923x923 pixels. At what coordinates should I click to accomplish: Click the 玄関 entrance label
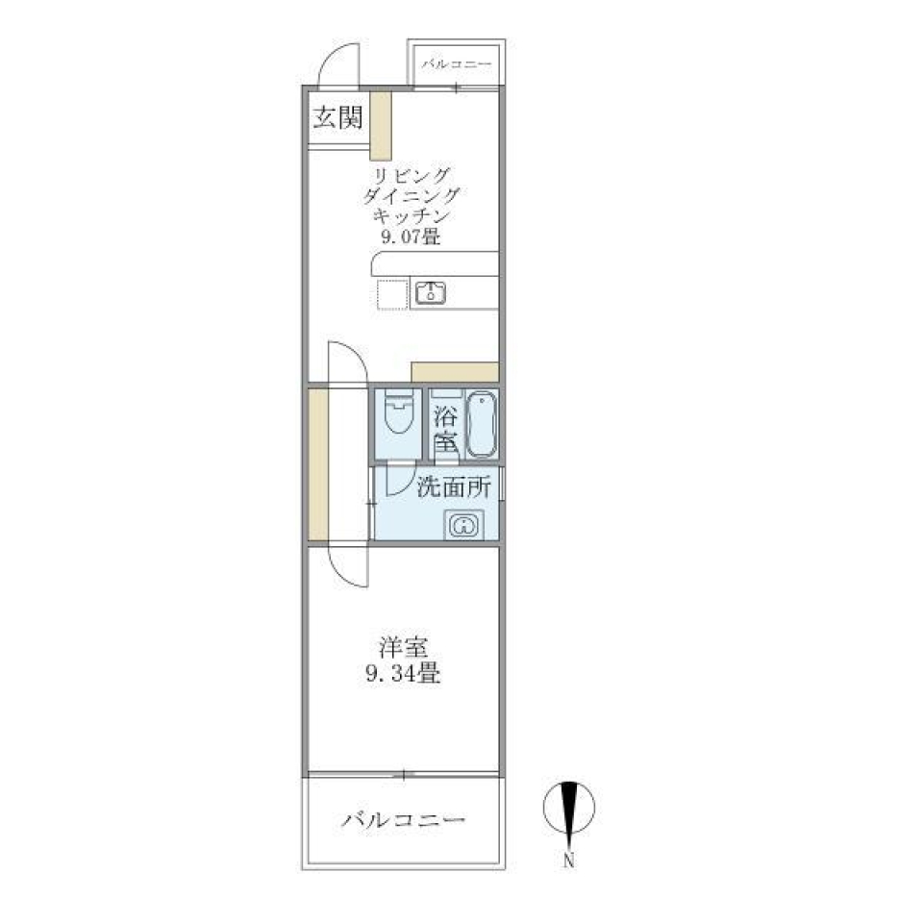(x=337, y=117)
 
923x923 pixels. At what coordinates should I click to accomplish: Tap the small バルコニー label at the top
(x=456, y=63)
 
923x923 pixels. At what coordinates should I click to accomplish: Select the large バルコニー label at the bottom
(x=404, y=819)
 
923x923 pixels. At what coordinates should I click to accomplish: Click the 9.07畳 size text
(x=411, y=237)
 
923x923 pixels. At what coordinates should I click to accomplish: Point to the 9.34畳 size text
(x=403, y=673)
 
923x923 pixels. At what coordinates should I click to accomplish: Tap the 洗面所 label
(x=453, y=486)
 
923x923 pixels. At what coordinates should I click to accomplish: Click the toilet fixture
(x=398, y=412)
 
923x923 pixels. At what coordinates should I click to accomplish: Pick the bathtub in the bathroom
(x=482, y=424)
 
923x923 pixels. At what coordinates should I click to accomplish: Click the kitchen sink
(x=431, y=292)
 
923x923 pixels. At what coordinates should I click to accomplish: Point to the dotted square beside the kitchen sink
(x=392, y=294)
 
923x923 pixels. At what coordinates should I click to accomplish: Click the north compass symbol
(x=568, y=808)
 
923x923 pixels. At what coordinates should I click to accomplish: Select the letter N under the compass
(x=568, y=861)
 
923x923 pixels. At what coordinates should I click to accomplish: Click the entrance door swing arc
(x=337, y=64)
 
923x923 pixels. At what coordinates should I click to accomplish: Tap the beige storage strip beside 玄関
(x=381, y=125)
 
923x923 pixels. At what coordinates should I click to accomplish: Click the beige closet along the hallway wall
(x=318, y=464)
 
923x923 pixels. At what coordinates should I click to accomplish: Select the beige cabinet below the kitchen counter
(x=455, y=372)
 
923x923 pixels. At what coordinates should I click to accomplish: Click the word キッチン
(x=411, y=215)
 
